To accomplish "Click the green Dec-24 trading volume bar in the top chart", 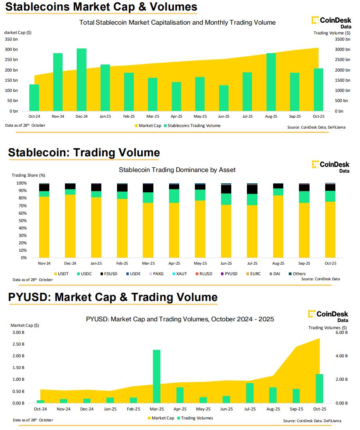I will pos(81,80).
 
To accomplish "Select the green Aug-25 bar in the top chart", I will pos(271,82).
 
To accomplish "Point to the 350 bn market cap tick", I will pos(11,39).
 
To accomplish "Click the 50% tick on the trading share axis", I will pos(22,220).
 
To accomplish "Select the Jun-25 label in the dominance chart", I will pos(226,263).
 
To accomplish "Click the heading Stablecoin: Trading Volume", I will pos(84,152).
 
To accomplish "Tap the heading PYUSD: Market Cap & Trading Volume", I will pos(113,297).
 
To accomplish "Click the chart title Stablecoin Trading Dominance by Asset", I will pos(177,170).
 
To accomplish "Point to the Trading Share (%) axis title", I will pos(29,175).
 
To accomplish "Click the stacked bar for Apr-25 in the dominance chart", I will pos(174,220).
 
